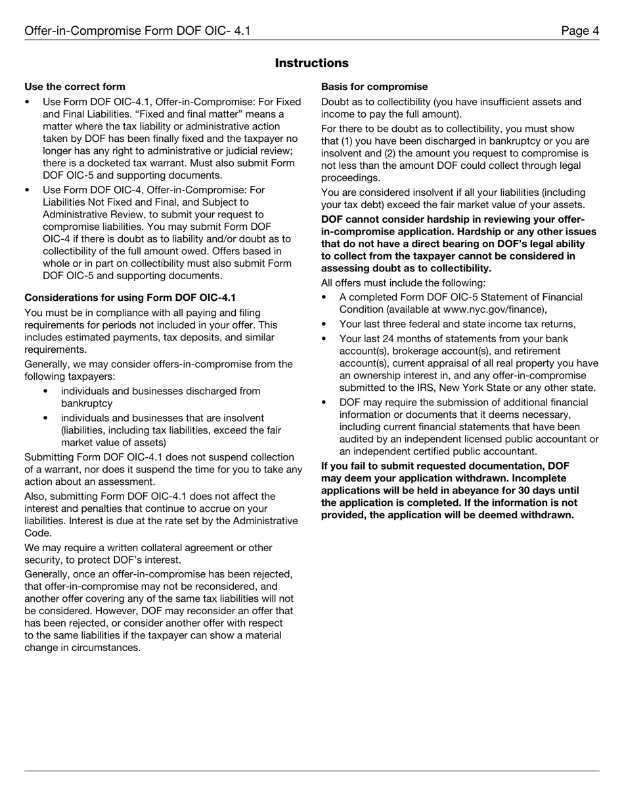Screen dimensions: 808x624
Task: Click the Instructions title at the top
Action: [311, 63]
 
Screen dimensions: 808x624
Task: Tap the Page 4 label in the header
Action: [579, 31]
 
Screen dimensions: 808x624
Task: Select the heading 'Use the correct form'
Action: [75, 87]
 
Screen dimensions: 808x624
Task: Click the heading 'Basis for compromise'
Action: [374, 87]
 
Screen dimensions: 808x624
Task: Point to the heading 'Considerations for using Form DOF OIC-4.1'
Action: [130, 298]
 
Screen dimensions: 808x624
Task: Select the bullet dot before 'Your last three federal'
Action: [324, 324]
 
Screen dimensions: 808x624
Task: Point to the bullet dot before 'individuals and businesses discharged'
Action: [45, 392]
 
